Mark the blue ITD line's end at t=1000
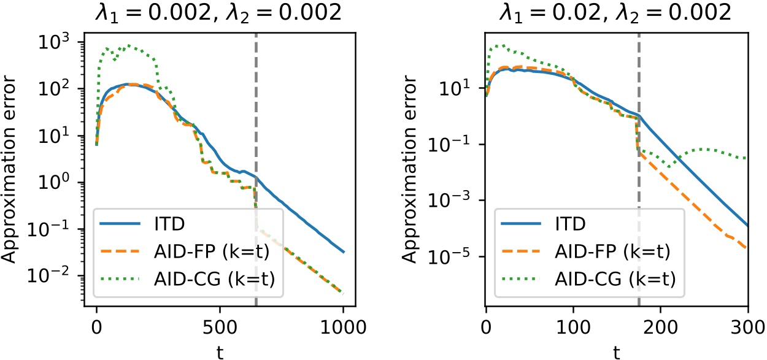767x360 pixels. (344, 252)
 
